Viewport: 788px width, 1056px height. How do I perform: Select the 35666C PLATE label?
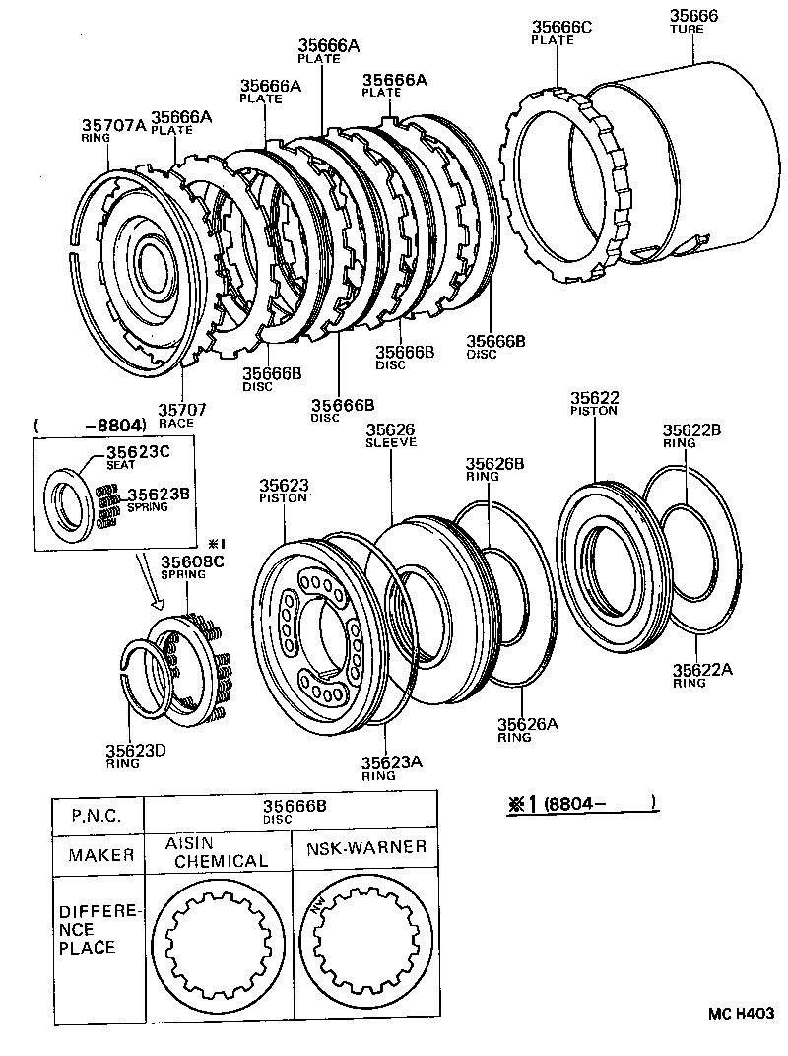[561, 33]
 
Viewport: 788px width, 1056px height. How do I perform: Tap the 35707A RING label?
[112, 130]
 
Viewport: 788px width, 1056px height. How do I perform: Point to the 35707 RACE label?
[176, 414]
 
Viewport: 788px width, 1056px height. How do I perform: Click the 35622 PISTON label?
[594, 403]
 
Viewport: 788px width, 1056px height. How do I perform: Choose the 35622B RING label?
[691, 435]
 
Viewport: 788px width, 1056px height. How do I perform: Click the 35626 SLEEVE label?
[391, 435]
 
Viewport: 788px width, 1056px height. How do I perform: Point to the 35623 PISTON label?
[285, 491]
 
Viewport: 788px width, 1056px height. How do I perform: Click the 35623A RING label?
[391, 768]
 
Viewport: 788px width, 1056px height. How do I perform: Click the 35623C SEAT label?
[139, 458]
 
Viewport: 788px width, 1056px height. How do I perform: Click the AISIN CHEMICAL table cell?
[216, 852]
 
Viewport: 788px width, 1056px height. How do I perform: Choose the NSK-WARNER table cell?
[365, 847]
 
